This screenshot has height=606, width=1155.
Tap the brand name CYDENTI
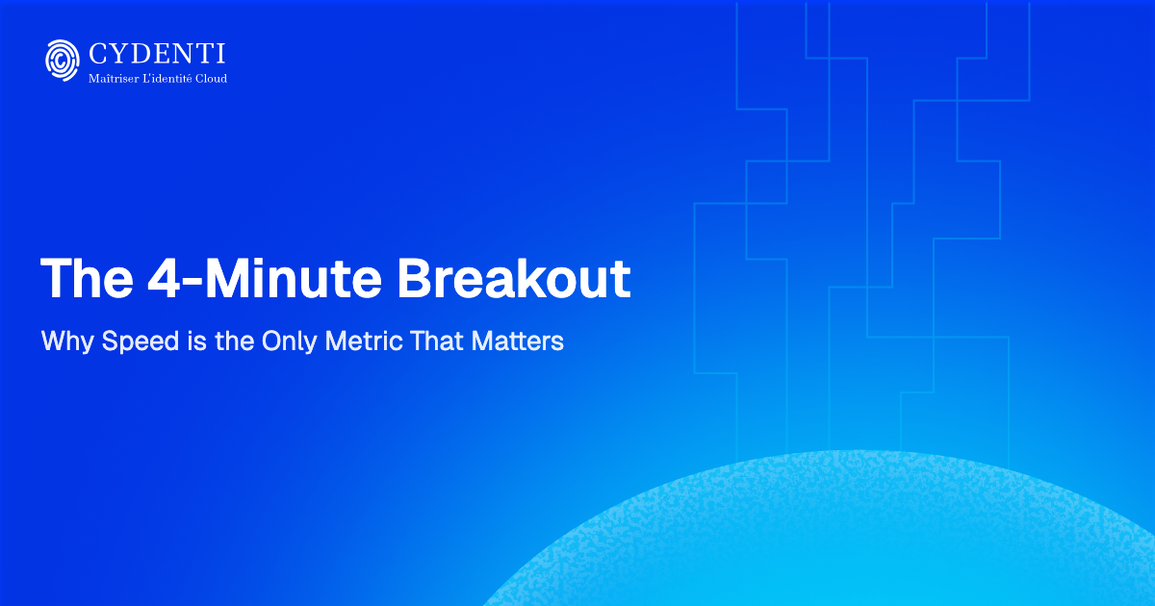pyautogui.click(x=157, y=53)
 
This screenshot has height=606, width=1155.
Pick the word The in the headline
pyautogui.click(x=86, y=277)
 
